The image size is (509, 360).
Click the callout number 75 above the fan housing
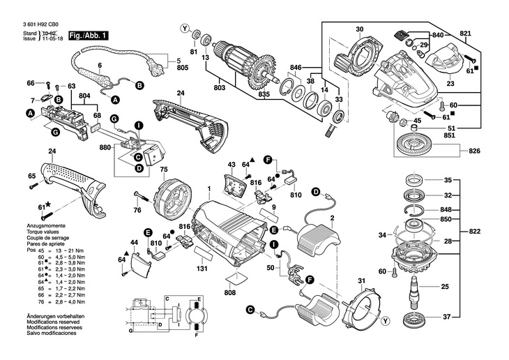tap(165, 170)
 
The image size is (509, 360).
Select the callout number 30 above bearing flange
tap(359, 29)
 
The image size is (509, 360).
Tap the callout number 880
tap(106, 148)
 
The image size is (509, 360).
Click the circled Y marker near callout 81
tap(184, 29)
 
